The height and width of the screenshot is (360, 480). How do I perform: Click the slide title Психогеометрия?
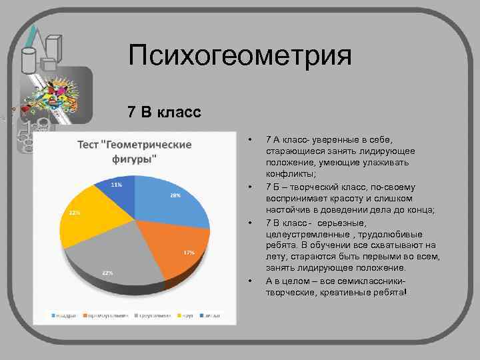(239, 56)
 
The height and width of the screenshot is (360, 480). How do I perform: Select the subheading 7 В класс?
(164, 111)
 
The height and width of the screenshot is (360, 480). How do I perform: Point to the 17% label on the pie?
(189, 253)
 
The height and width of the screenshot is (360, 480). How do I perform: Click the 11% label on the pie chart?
(116, 184)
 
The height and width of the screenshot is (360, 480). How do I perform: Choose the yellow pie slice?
(87, 217)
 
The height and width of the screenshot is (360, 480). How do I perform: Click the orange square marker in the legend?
(85, 315)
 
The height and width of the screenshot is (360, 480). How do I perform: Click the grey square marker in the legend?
(136, 315)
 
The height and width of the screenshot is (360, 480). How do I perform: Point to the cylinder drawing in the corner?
(29, 59)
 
